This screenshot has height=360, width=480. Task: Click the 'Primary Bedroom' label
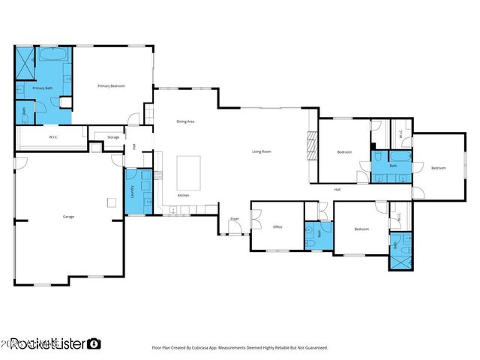[x=111, y=86]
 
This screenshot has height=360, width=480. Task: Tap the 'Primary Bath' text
[x=43, y=88]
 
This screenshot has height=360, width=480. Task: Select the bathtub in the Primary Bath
[x=52, y=55]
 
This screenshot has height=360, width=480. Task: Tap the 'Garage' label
[x=68, y=217]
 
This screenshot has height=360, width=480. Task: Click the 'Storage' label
[x=113, y=137]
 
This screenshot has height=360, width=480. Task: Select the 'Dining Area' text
[x=186, y=121]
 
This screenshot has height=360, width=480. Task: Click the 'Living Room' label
[x=261, y=151]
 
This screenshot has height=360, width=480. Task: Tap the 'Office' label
[x=277, y=226]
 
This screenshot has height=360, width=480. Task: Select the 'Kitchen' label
[x=183, y=195]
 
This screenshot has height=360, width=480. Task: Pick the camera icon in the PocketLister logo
[x=94, y=343]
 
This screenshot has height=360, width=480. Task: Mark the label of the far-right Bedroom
[x=439, y=168]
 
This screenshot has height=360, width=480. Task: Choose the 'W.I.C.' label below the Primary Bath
[x=54, y=137]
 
